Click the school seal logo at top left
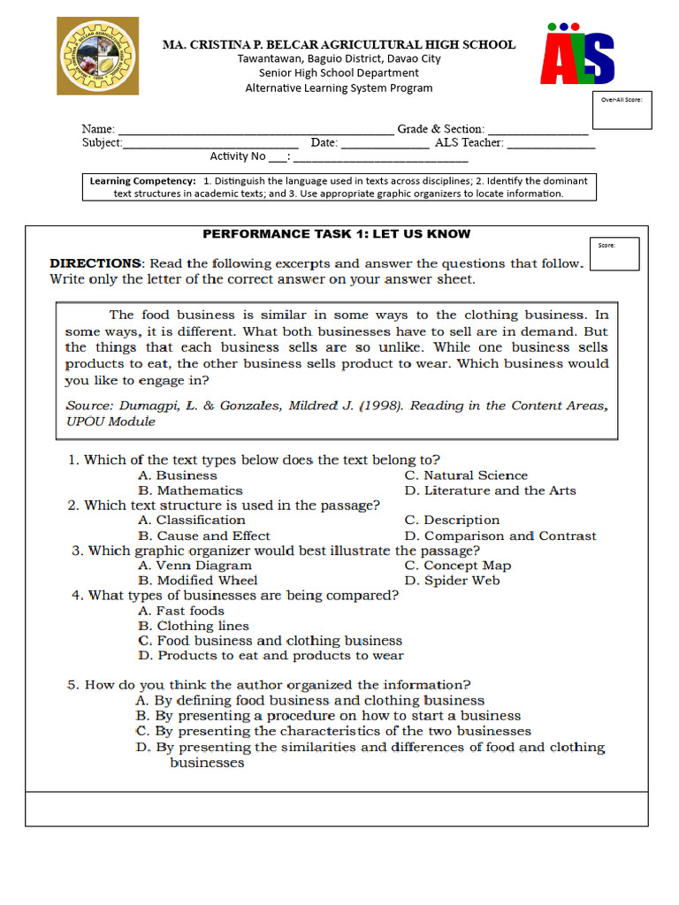[x=98, y=56]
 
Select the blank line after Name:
[x=256, y=130]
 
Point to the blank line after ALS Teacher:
[x=551, y=143]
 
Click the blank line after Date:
[x=385, y=143]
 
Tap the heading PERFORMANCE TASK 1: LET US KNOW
[x=337, y=234]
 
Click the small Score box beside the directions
[x=614, y=254]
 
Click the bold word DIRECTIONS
[x=95, y=263]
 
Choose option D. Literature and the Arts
[x=490, y=491]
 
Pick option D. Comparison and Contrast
[x=500, y=536]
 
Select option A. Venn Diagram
[x=195, y=566]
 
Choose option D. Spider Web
[x=452, y=581]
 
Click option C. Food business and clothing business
[x=270, y=641]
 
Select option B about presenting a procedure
[x=328, y=716]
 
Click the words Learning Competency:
[x=143, y=181]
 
